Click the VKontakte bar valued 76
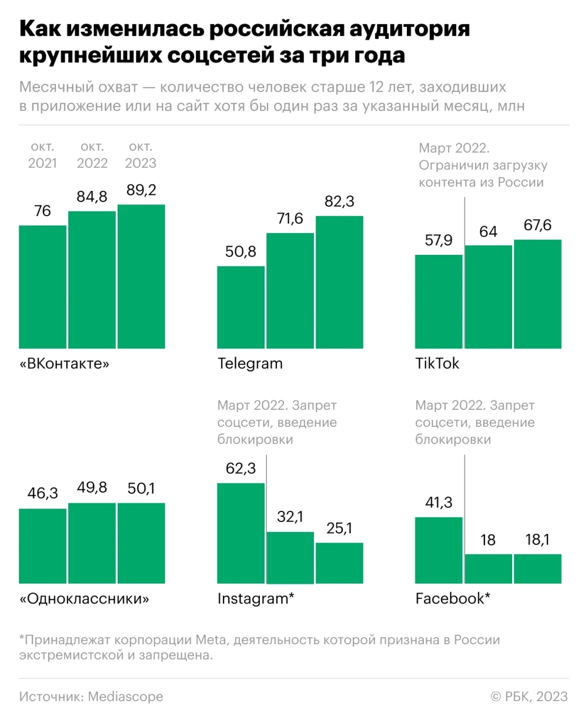[x=42, y=286]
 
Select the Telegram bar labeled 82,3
[x=339, y=281]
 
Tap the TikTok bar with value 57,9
[x=439, y=301]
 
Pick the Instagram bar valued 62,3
[x=241, y=533]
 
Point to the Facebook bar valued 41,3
[x=439, y=550]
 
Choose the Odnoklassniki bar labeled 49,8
[x=92, y=543]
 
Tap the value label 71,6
[x=290, y=219]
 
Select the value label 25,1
[x=339, y=529]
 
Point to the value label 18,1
[x=537, y=540]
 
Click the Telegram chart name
[x=250, y=364]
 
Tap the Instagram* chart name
[x=256, y=599]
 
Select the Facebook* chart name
[x=453, y=599]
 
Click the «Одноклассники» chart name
[x=84, y=599]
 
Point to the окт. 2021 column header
[x=42, y=154]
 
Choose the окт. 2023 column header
[x=141, y=154]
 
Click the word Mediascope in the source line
[x=125, y=697]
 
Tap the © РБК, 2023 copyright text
[x=529, y=697]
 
